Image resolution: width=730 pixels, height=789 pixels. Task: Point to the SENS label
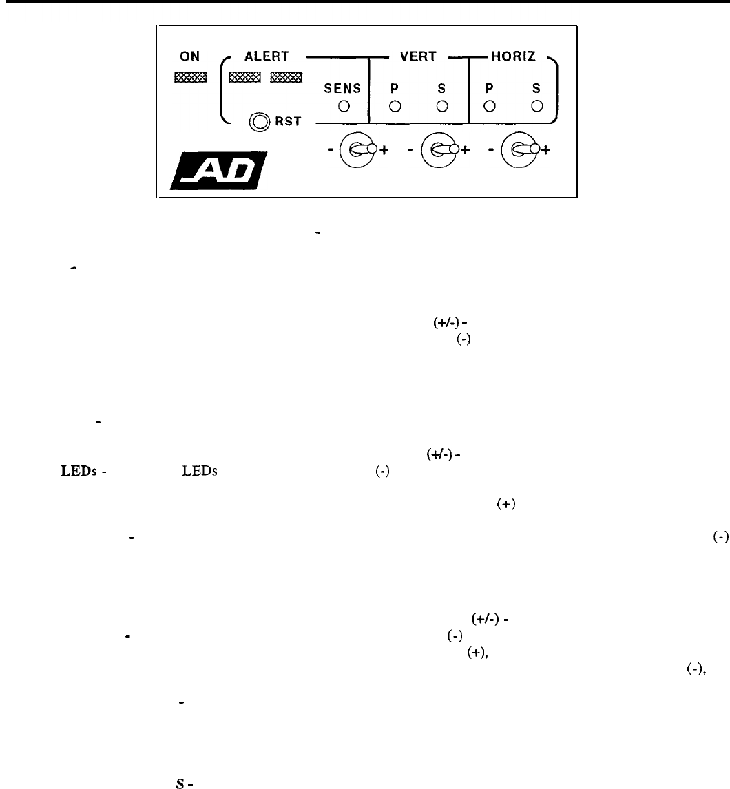[x=342, y=88]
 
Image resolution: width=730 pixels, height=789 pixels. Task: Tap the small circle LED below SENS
[x=342, y=106]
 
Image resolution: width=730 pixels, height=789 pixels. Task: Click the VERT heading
[x=418, y=58]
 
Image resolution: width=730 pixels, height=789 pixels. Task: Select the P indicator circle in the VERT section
[x=395, y=106]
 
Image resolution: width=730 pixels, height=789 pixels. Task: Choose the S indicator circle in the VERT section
[x=443, y=106]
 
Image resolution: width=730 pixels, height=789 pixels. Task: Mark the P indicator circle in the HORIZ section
[x=490, y=106]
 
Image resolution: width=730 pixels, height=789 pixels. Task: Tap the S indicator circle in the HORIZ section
[x=536, y=106]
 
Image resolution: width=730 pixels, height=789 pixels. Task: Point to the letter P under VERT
[x=395, y=88]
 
